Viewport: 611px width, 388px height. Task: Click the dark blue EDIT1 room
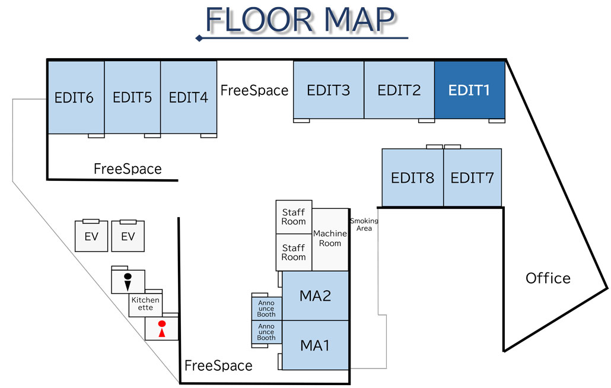(x=469, y=90)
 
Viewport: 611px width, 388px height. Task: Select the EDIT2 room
(x=399, y=90)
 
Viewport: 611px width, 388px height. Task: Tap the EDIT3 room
(x=328, y=90)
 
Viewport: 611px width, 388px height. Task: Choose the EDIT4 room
(x=189, y=97)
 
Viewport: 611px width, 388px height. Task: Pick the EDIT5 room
(x=132, y=97)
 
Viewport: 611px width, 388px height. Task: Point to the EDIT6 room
(x=75, y=97)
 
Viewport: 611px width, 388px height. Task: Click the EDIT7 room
(x=472, y=177)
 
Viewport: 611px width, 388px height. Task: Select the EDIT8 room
(x=412, y=177)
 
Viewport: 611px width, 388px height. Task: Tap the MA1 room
(x=315, y=345)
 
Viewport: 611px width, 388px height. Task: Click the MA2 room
(x=315, y=295)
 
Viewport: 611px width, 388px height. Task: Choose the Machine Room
(x=330, y=238)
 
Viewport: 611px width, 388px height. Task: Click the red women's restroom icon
(x=161, y=329)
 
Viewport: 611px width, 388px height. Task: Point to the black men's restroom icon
(x=128, y=281)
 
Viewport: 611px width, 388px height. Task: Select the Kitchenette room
(x=145, y=304)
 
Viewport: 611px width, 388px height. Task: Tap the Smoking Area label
(x=364, y=225)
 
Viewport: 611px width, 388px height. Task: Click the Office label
(x=548, y=278)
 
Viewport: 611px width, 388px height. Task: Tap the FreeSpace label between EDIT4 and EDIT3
(x=254, y=90)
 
